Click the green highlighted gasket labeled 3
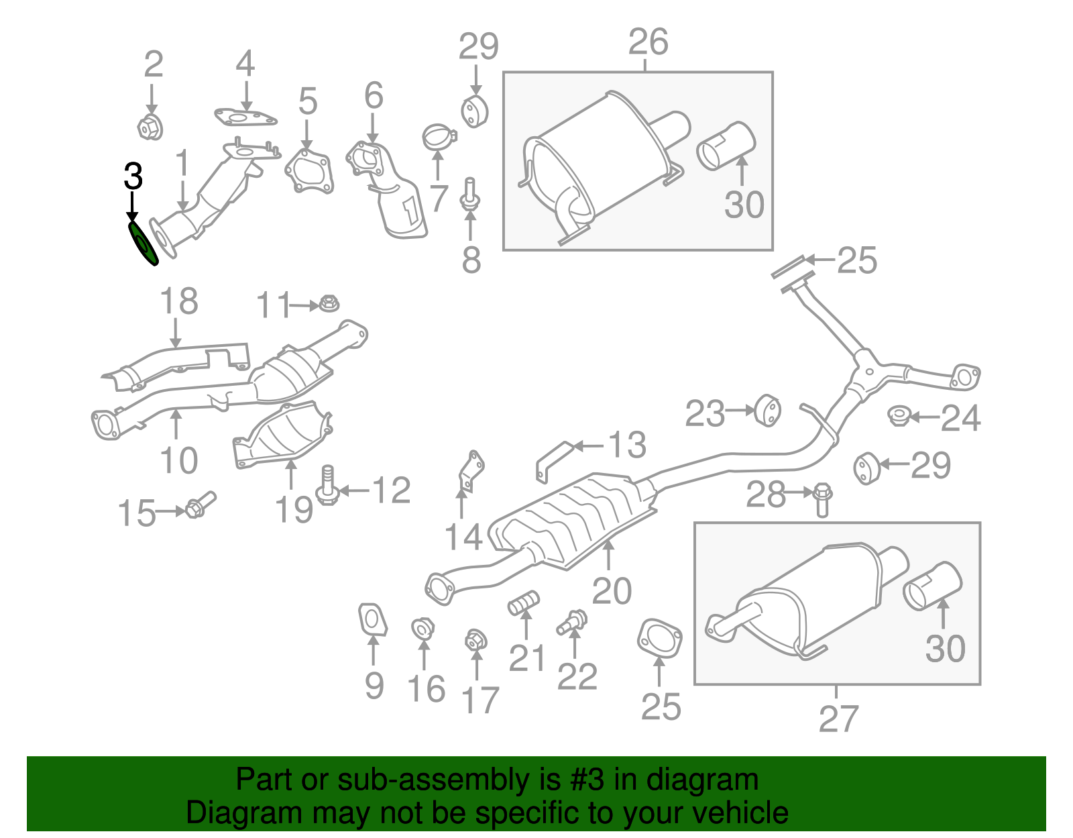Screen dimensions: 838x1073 142,243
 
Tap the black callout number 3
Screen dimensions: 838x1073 133,177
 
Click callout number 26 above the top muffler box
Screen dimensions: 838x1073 648,42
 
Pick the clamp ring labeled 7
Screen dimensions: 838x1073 439,138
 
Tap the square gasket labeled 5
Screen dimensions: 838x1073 308,171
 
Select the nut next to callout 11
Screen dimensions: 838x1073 329,303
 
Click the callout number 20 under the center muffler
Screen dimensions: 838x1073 612,590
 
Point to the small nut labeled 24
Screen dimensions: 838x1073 898,416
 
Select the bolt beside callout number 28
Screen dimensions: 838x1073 822,499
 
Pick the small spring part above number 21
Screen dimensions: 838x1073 524,602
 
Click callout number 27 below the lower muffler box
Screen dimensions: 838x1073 838,719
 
